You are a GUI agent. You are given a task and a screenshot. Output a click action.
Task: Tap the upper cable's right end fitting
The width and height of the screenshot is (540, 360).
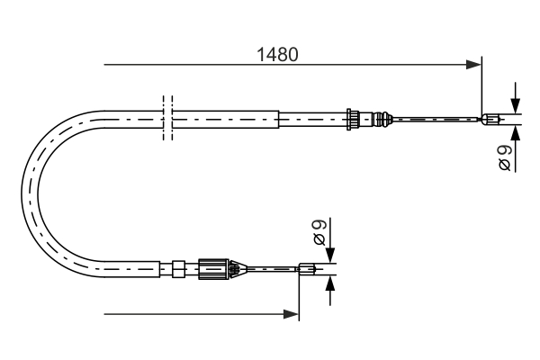(490, 118)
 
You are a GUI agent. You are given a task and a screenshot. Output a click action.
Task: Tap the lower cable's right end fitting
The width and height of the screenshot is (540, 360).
(307, 266)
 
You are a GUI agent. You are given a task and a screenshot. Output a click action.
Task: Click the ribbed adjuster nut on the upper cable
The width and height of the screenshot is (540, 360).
(355, 118)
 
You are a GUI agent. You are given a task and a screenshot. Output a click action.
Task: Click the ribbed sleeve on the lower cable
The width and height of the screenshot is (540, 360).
(213, 266)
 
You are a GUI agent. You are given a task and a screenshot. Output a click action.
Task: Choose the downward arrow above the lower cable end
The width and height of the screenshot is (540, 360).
(330, 254)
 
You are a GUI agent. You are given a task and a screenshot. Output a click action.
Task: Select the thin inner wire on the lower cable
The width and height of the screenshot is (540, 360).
(270, 266)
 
